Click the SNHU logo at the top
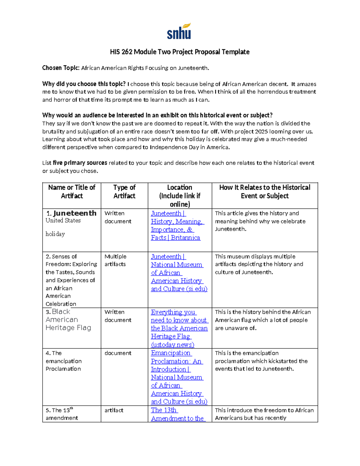point(179,32)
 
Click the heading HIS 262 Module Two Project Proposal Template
point(180,52)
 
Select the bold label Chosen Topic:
point(61,68)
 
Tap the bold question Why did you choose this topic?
point(84,84)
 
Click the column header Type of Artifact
point(124,191)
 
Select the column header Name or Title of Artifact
point(72,191)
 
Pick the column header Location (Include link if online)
point(180,196)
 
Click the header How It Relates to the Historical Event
point(265,191)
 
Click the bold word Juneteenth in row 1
point(75,213)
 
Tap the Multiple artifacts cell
point(115,260)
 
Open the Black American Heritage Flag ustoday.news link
point(179,328)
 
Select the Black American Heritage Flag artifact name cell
point(68,320)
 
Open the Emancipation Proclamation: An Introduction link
point(177,377)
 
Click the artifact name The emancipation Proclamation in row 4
point(63,361)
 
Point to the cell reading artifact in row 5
point(114,410)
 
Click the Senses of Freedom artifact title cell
point(71,280)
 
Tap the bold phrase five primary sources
point(80,163)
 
